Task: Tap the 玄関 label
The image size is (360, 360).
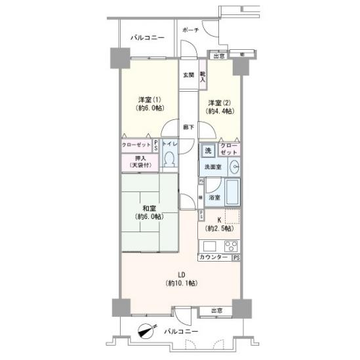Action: click(x=188, y=75)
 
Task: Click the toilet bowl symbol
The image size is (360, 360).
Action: click(x=169, y=159)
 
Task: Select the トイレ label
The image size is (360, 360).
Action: click(x=169, y=143)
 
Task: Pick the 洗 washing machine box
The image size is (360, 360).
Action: click(x=208, y=151)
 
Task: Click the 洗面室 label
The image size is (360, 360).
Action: click(x=212, y=168)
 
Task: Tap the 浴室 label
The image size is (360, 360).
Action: click(x=214, y=197)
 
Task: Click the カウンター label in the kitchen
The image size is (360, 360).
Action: click(x=214, y=257)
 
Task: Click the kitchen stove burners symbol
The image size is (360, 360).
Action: click(x=231, y=247)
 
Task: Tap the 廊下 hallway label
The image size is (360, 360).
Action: click(x=188, y=127)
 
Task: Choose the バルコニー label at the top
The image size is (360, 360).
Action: click(x=147, y=39)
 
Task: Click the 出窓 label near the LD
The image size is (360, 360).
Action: click(x=216, y=310)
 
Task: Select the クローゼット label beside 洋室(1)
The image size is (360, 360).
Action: click(x=136, y=144)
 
